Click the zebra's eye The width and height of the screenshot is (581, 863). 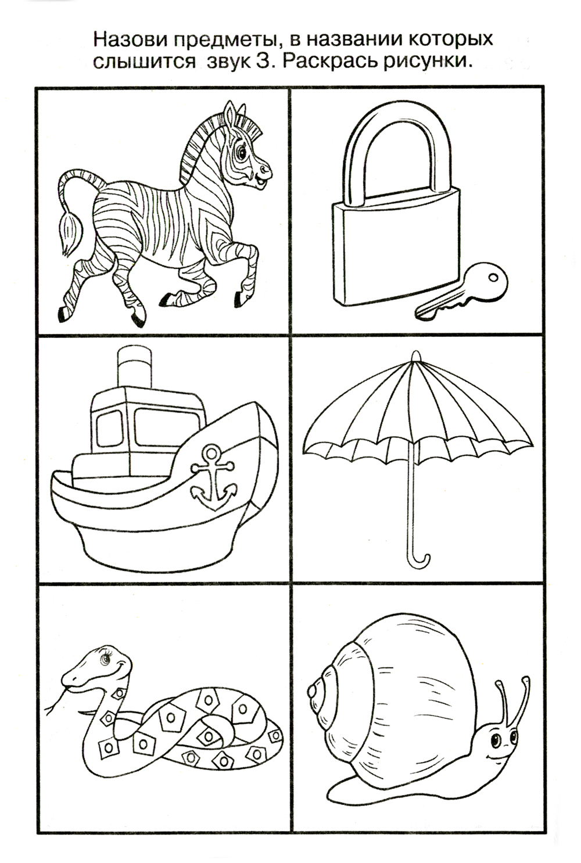point(242,153)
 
